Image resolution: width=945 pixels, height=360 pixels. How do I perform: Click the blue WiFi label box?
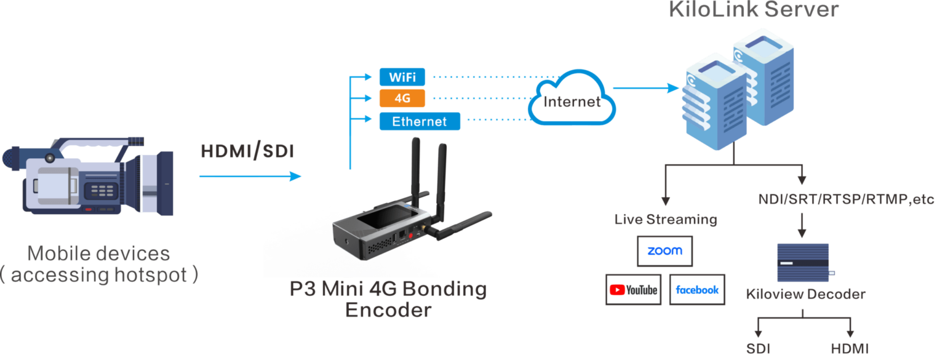point(402,77)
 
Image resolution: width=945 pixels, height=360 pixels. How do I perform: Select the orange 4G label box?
point(402,98)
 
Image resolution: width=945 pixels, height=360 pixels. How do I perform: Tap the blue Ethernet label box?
point(419,121)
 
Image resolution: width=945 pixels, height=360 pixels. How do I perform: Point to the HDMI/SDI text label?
point(247,151)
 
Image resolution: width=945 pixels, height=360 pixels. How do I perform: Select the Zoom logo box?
point(664,250)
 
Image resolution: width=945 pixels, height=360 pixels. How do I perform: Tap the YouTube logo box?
point(633,289)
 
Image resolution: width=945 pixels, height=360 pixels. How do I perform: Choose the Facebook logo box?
point(696,289)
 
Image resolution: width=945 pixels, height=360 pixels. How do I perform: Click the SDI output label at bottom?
point(759,349)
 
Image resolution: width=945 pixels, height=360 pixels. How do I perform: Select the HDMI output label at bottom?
point(850,349)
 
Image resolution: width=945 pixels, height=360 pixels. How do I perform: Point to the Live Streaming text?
point(666,219)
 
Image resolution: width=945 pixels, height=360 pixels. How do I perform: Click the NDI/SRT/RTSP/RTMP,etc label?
point(846,199)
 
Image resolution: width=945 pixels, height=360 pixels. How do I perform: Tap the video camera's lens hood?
point(157,182)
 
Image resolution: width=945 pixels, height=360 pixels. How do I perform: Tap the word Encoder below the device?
point(388,310)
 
